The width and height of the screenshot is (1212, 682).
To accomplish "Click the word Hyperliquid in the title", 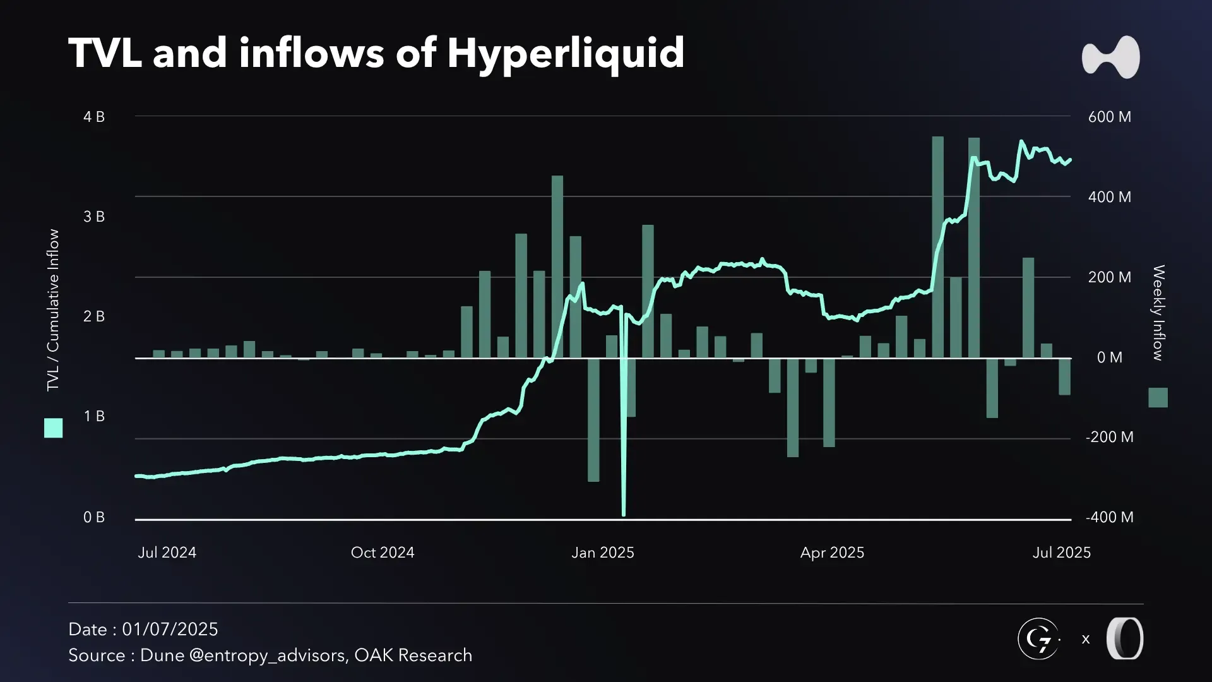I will (566, 53).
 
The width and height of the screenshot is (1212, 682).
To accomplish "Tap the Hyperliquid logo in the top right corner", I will (1110, 57).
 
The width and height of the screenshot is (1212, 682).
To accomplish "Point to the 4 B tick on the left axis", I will (94, 117).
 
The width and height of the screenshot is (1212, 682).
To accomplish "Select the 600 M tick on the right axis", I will (1109, 117).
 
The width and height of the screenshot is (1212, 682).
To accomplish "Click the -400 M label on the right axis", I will (1109, 517).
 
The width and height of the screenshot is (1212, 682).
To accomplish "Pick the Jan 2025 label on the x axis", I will (602, 553).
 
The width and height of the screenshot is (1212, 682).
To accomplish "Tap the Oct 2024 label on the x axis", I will (383, 553).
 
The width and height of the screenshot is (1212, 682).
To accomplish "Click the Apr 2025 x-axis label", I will (832, 553).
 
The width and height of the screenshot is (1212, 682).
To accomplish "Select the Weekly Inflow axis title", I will (1158, 313).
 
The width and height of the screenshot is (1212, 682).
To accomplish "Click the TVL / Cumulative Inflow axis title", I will (53, 309).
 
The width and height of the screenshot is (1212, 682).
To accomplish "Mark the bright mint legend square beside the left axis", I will (54, 428).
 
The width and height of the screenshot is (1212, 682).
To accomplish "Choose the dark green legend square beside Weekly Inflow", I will (1158, 397).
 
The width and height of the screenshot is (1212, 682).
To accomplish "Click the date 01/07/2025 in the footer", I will (170, 630).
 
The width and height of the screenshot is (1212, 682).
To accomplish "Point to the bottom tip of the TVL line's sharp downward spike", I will (624, 514).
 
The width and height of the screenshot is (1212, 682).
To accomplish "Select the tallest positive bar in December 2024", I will (557, 265).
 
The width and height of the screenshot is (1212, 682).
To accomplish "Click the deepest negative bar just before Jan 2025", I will (593, 420).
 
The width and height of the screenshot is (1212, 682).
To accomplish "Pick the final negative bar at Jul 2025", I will (1064, 377).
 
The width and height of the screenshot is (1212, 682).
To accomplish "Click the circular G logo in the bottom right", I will (1038, 639).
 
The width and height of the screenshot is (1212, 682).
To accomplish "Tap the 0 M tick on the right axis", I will (1109, 357).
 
